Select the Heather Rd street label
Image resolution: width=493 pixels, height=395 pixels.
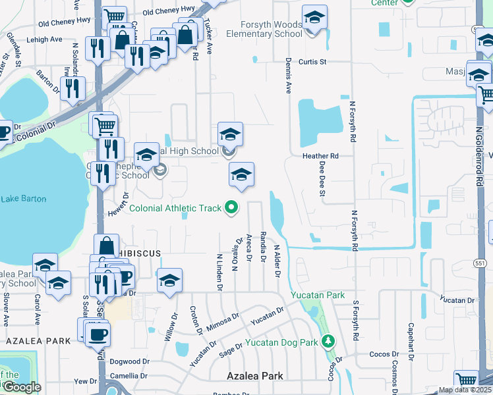320,156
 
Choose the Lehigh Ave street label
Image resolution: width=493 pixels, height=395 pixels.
45,39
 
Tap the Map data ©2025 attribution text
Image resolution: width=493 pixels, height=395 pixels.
464,390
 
